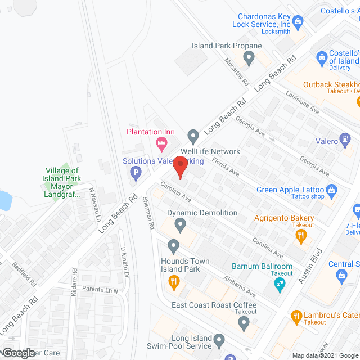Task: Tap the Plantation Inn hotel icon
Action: point(161,145)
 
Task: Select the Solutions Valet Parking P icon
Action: point(135,174)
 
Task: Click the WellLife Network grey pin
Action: point(193,136)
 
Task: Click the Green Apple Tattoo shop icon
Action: point(331,190)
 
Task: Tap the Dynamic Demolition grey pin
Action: point(180,226)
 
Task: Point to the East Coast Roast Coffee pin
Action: point(243,323)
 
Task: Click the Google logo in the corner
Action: point(18,353)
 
